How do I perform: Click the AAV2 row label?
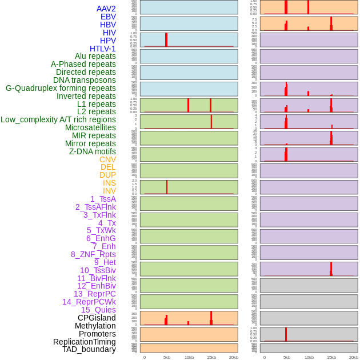click(x=106, y=9)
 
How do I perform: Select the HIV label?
click(x=109, y=33)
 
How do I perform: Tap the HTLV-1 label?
click(x=103, y=49)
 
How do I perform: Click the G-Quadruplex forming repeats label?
click(x=61, y=88)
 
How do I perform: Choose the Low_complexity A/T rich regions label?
click(x=58, y=119)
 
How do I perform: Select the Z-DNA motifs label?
click(x=93, y=151)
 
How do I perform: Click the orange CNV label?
click(x=107, y=159)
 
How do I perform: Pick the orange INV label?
click(x=109, y=191)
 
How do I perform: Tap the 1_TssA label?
click(x=103, y=199)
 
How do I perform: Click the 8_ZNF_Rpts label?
click(x=93, y=254)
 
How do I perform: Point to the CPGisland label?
click(x=97, y=318)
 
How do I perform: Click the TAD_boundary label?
click(x=89, y=349)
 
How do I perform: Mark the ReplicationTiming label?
click(x=85, y=342)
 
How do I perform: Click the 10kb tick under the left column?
click(x=189, y=357)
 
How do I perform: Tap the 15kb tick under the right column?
click(x=331, y=357)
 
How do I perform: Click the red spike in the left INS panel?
click(x=167, y=187)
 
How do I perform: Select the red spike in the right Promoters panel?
click(x=286, y=334)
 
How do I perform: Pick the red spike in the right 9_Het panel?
click(x=331, y=269)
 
